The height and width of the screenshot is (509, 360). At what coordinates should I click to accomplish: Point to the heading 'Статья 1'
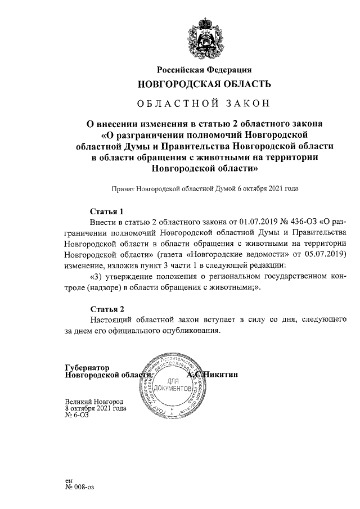click(107, 211)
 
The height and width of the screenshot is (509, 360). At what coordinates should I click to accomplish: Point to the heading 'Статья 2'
click(107, 309)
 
